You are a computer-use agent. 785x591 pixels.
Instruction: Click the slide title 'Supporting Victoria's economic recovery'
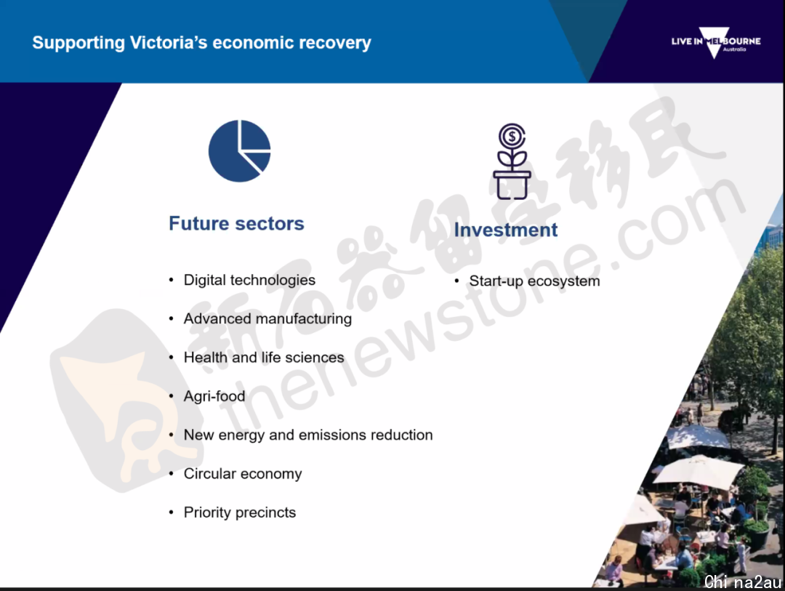click(202, 43)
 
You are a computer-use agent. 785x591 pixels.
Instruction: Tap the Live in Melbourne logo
click(716, 43)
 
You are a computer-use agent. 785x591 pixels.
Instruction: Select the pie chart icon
click(240, 150)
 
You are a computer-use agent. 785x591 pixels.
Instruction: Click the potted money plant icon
click(512, 161)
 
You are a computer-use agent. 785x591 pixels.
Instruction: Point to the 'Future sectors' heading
click(236, 223)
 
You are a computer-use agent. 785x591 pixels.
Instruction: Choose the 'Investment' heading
click(506, 230)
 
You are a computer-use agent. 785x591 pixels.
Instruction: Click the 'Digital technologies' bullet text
click(249, 280)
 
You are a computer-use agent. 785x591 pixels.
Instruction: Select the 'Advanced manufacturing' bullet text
click(267, 318)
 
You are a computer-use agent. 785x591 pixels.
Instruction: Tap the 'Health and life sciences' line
click(264, 358)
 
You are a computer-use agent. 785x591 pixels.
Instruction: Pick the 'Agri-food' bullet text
click(214, 396)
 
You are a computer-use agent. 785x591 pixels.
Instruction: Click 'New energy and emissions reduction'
click(308, 435)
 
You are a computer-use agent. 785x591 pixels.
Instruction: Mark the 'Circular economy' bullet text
click(243, 474)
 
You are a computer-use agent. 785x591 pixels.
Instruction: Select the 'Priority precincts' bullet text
click(240, 512)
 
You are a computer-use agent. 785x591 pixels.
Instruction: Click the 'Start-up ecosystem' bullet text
click(534, 281)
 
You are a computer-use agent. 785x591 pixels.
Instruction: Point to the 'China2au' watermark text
click(743, 582)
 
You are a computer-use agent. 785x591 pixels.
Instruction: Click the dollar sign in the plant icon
click(512, 136)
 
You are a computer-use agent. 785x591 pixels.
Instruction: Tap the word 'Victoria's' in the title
click(169, 43)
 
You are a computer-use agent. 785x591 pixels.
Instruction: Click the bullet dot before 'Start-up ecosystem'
click(456, 281)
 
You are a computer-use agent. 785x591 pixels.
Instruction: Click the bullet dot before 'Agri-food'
click(172, 396)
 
